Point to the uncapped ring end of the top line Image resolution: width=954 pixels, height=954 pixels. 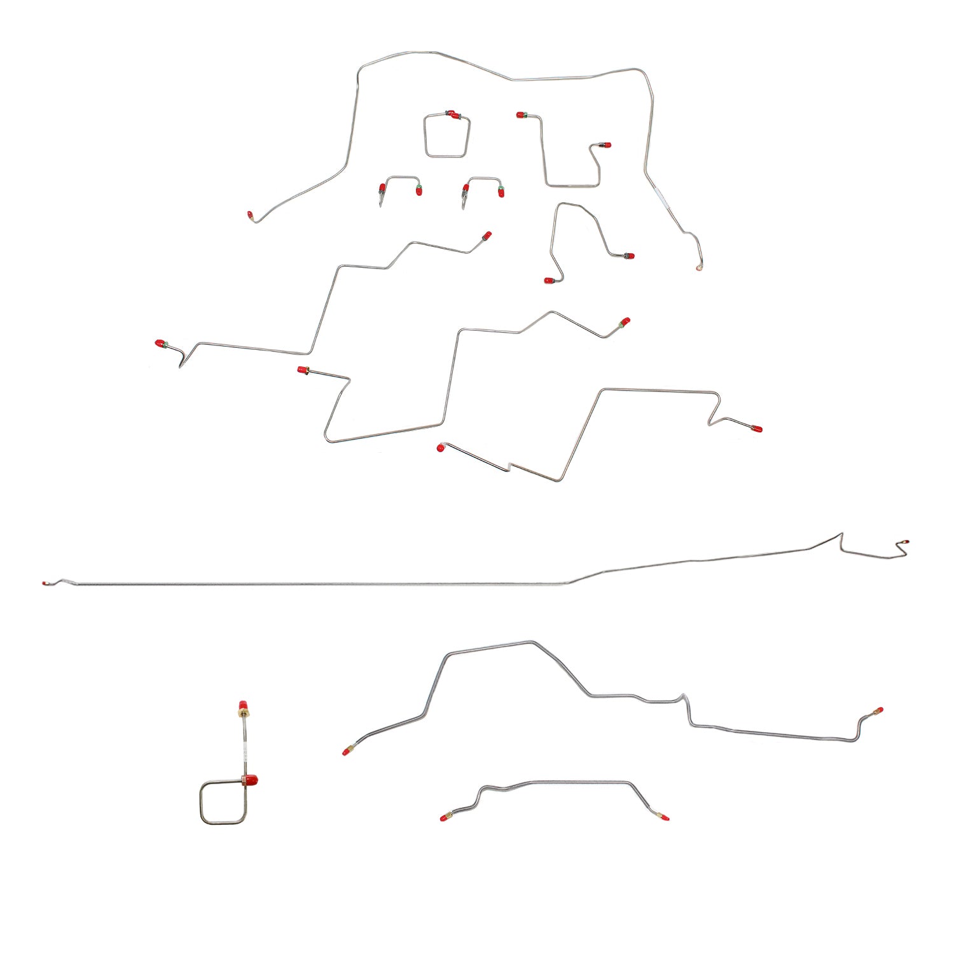699,268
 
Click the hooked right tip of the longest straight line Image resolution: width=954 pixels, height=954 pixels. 904,543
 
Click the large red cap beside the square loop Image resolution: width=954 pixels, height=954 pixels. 251,779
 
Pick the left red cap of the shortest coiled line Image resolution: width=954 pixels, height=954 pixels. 443,817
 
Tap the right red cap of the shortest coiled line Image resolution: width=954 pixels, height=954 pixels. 665,817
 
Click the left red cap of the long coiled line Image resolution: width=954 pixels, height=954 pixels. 347,751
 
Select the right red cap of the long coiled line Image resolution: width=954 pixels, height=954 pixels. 878,710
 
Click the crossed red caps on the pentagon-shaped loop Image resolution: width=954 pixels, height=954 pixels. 452,114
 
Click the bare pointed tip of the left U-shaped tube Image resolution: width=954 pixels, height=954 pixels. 380,205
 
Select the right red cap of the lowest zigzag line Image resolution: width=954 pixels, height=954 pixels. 757,429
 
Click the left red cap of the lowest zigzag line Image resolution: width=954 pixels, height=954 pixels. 440,448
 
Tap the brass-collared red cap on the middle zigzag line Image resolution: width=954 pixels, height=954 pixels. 302,370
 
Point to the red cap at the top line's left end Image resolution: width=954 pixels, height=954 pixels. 250,215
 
